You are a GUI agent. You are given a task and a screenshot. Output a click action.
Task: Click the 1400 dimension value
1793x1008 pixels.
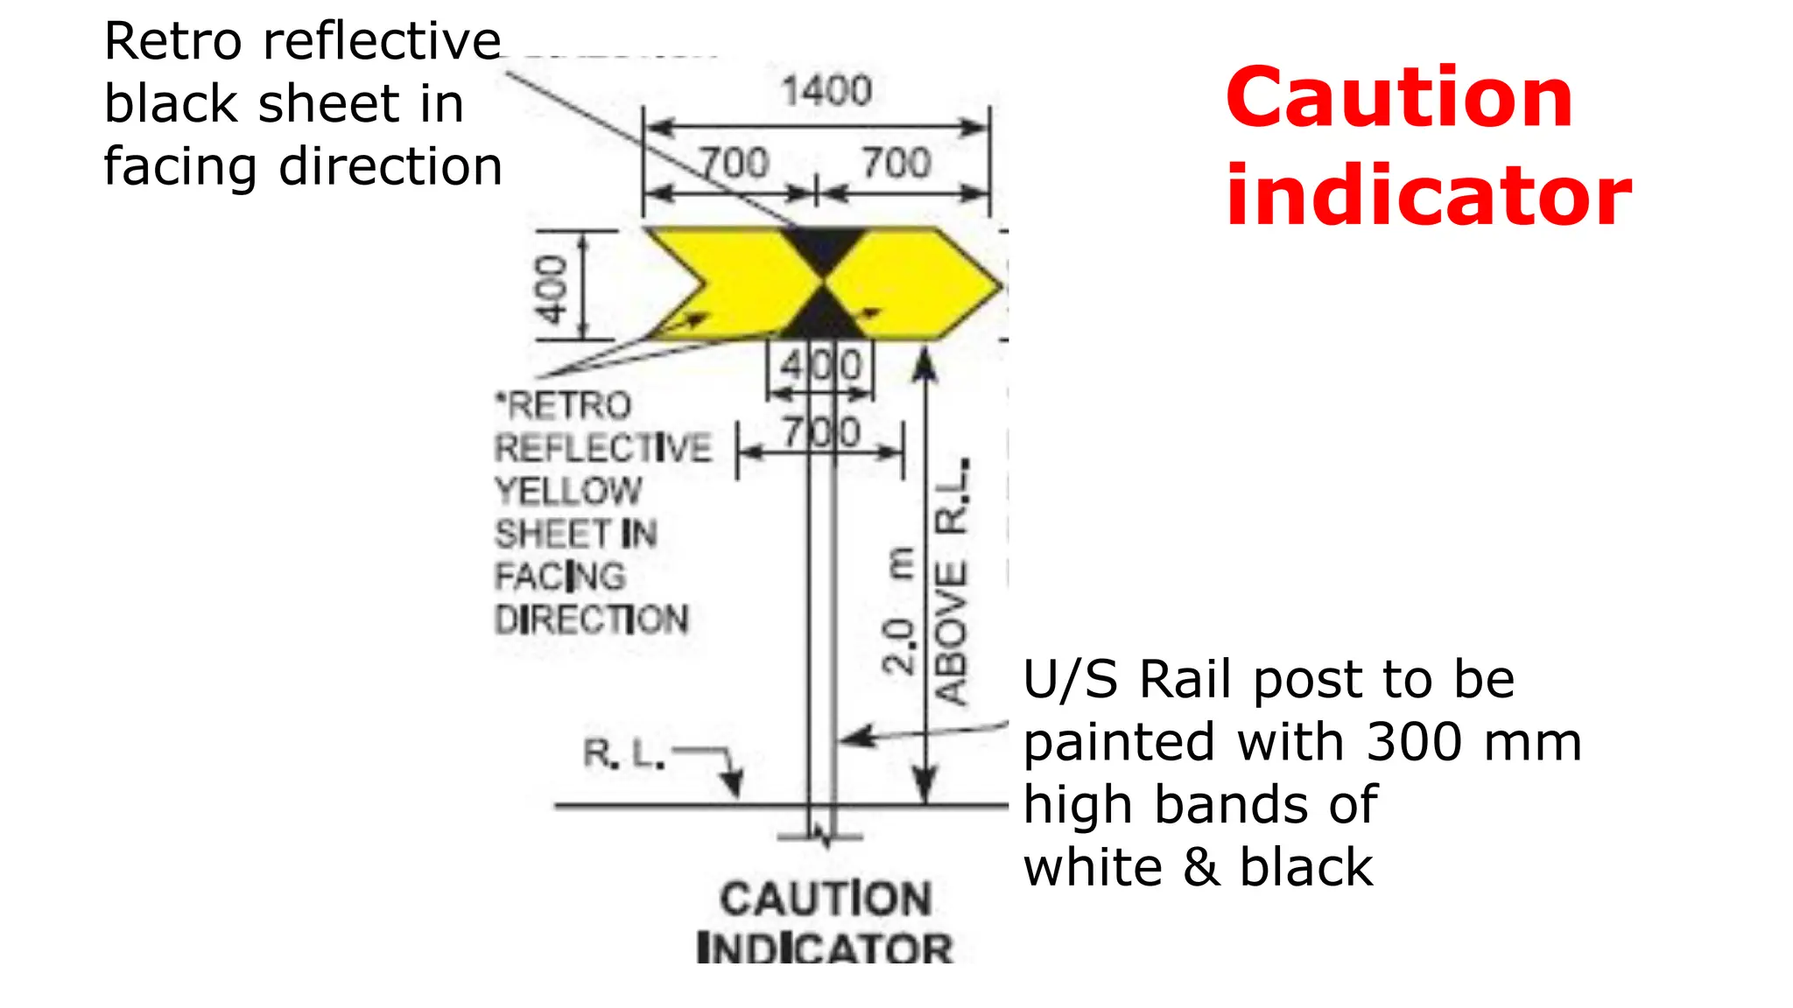[x=826, y=91]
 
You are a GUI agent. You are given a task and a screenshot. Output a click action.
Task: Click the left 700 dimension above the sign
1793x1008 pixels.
[x=734, y=164]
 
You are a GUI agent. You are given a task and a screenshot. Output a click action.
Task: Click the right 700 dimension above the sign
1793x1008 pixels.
[x=896, y=164]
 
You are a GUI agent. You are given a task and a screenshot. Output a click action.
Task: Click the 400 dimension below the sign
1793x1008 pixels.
[x=821, y=366]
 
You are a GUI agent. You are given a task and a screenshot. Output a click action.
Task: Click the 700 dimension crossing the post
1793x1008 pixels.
[x=821, y=432]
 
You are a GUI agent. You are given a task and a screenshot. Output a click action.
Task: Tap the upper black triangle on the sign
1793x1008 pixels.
[x=823, y=249]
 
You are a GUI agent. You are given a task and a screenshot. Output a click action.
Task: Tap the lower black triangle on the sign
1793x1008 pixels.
[x=823, y=317]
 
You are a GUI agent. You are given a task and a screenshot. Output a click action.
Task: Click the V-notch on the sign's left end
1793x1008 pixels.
[x=700, y=285]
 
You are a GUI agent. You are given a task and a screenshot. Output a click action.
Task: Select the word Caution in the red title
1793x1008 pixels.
[x=1398, y=97]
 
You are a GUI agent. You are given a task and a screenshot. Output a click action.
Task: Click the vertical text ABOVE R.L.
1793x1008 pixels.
[x=953, y=582]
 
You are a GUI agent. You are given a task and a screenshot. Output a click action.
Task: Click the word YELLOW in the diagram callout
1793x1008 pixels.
[x=569, y=491]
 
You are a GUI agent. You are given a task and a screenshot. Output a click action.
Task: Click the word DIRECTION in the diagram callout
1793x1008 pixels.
[x=592, y=619]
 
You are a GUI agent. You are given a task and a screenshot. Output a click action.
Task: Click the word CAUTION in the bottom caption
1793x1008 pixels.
[x=826, y=899]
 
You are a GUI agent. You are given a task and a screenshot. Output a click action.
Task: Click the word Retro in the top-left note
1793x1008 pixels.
[x=172, y=41]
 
